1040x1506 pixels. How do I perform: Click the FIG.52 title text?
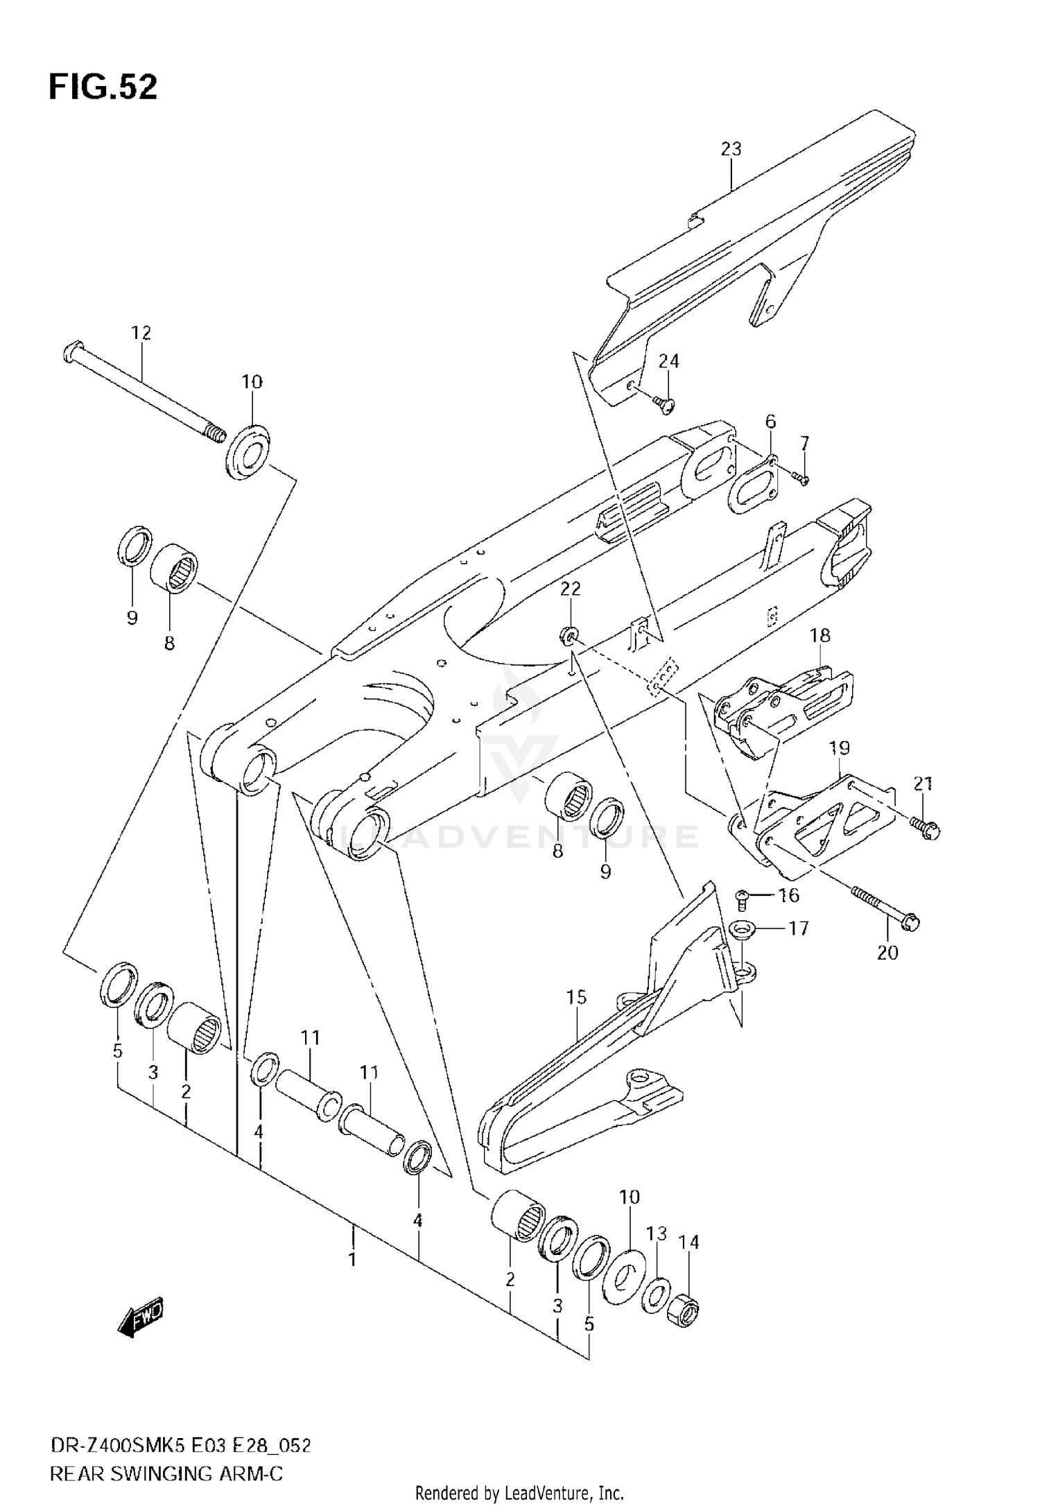point(103,88)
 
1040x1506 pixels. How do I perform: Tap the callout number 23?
point(731,149)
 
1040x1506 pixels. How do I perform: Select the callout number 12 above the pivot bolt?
point(141,333)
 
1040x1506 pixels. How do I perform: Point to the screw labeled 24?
point(665,403)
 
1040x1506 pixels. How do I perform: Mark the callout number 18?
point(820,634)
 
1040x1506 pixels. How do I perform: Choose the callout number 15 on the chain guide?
point(576,997)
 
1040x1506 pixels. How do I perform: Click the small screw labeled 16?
point(741,900)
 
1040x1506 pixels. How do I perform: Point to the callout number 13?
point(656,1234)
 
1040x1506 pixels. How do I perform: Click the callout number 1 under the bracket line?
point(352,1258)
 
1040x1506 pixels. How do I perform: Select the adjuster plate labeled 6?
point(750,490)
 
